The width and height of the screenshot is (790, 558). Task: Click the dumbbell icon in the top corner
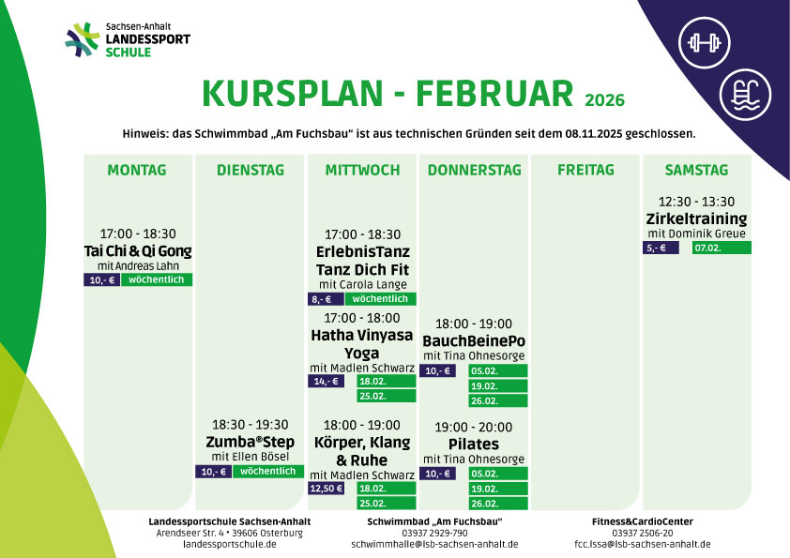click(704, 43)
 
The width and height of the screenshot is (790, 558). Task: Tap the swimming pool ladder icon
click(745, 95)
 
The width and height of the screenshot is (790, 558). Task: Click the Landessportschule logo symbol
click(83, 39)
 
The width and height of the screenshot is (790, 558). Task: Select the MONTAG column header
click(137, 171)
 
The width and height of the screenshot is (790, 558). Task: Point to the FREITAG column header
click(585, 171)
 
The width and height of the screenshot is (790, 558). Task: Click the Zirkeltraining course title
click(696, 219)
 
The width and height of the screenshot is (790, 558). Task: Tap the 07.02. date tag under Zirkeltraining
click(722, 248)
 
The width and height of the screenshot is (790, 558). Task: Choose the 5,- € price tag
click(661, 248)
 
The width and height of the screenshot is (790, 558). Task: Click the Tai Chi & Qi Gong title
click(138, 250)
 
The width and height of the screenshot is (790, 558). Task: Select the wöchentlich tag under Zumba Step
click(268, 472)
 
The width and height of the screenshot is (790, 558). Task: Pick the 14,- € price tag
click(326, 382)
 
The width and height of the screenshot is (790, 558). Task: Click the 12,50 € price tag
click(326, 488)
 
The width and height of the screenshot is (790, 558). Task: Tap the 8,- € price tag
click(326, 299)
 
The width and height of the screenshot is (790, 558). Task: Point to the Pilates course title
click(474, 445)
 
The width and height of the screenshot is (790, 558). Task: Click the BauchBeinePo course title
click(474, 341)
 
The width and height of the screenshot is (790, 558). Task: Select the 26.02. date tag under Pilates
click(498, 504)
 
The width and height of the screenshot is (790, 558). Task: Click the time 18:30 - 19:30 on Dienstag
click(250, 425)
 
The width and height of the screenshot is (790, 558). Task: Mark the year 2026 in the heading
click(604, 100)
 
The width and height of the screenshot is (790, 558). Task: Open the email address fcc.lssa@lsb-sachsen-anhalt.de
click(643, 544)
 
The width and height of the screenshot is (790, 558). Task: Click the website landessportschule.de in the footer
click(230, 544)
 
